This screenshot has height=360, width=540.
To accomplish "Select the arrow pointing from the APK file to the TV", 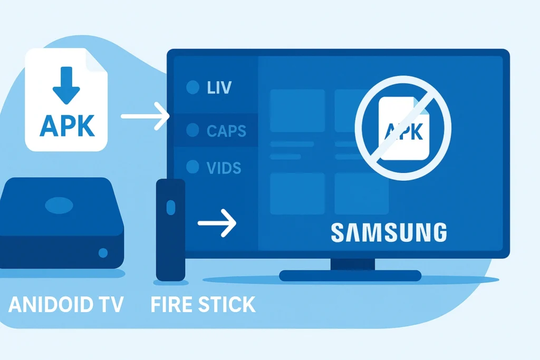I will (144, 116).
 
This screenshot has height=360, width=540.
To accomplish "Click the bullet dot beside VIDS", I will (192, 168).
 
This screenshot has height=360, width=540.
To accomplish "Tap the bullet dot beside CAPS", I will (192, 130).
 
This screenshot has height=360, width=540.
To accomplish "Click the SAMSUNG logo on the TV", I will (388, 232).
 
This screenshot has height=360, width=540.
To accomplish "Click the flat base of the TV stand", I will (350, 275).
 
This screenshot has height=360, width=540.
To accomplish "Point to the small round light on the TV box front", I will (103, 253).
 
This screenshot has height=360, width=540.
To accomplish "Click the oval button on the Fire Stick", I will (170, 207).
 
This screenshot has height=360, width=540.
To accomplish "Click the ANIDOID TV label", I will (66, 305).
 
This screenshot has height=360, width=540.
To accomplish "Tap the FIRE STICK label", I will (202, 305).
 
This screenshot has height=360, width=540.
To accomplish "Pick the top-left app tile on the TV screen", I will (297, 110).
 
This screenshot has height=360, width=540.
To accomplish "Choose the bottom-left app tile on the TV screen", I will (297, 193).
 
